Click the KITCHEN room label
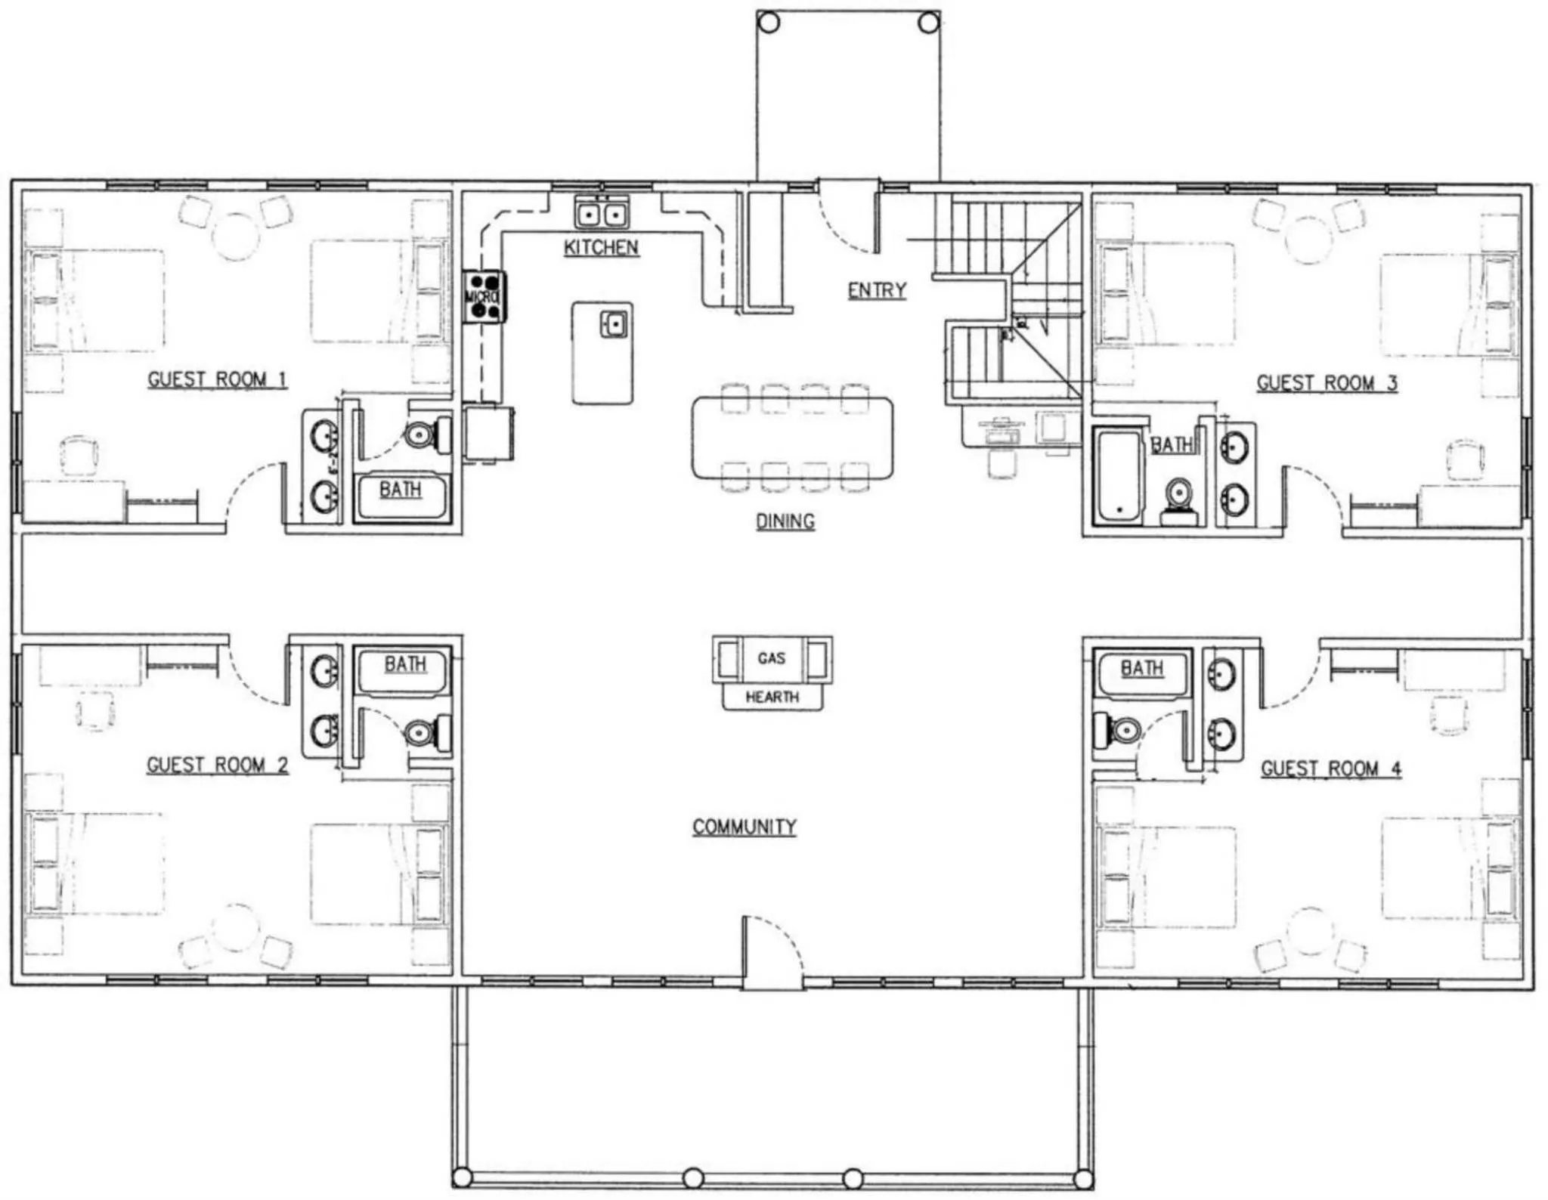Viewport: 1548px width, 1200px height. click(601, 247)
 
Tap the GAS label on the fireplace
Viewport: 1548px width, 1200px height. click(771, 658)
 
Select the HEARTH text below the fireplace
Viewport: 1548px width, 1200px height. click(772, 697)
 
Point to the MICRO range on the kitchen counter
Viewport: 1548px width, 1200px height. click(484, 296)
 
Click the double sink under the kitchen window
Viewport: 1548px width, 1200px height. click(602, 215)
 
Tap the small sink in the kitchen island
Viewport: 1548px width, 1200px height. click(614, 325)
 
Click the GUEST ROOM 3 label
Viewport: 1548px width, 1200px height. click(1327, 383)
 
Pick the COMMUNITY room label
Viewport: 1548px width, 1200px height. click(745, 827)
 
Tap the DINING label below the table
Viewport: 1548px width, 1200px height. click(785, 521)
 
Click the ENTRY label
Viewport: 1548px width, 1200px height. click(876, 290)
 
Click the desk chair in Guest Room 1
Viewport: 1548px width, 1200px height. click(79, 456)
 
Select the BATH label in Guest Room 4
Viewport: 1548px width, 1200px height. click(1141, 668)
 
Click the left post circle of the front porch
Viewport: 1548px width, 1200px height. click(768, 23)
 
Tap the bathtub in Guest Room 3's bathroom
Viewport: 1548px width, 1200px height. click(1119, 476)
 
